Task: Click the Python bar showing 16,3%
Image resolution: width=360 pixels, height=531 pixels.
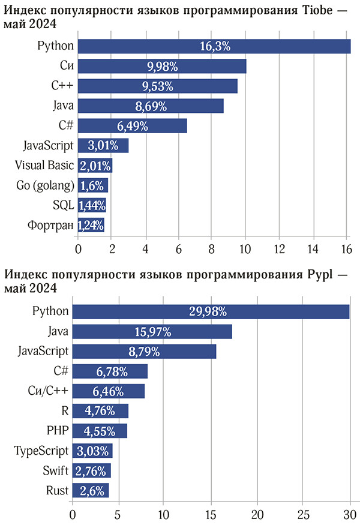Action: [214, 46]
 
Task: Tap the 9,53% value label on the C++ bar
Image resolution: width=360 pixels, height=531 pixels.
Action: [158, 86]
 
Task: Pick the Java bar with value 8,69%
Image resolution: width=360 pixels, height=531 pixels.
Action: [151, 106]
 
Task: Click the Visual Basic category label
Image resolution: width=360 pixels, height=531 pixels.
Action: [44, 166]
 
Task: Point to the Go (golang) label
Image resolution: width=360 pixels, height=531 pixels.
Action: [45, 185]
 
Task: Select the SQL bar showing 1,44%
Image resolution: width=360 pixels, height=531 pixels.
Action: [92, 205]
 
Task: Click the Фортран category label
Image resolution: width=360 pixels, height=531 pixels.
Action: [50, 226]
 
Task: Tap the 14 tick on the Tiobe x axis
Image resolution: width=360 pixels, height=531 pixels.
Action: [313, 247]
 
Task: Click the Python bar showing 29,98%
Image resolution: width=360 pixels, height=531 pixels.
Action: [211, 311]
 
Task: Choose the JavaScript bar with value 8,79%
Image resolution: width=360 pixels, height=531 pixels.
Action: [144, 352]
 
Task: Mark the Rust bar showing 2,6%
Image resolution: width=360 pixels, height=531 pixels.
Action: [91, 491]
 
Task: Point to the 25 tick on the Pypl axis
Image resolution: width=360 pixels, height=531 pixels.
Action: [303, 514]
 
